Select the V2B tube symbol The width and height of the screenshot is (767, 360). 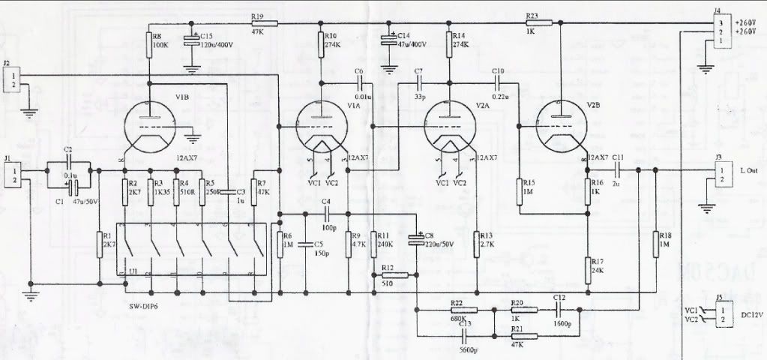tap(562, 126)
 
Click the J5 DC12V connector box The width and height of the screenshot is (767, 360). tap(721, 313)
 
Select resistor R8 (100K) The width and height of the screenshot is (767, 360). tap(149, 46)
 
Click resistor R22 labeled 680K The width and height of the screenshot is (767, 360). tap(458, 307)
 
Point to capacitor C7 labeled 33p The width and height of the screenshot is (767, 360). tap(418, 81)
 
